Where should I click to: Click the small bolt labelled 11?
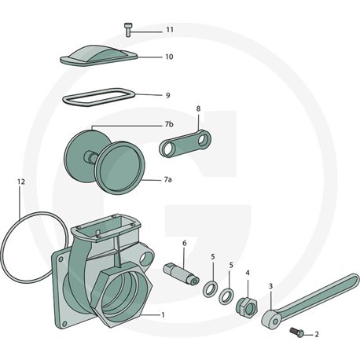click(127, 30)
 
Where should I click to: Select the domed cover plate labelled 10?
click(99, 56)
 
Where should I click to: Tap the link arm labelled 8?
click(185, 144)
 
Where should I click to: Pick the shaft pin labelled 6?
click(181, 274)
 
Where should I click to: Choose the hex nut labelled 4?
click(247, 307)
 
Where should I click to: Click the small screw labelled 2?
click(297, 332)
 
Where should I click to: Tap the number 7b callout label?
click(169, 124)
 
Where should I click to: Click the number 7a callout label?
click(168, 180)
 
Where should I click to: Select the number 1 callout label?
click(163, 314)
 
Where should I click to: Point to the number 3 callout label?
click(271, 285)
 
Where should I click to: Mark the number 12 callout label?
click(21, 182)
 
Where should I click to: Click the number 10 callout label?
click(169, 57)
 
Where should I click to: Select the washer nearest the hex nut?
click(222, 296)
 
